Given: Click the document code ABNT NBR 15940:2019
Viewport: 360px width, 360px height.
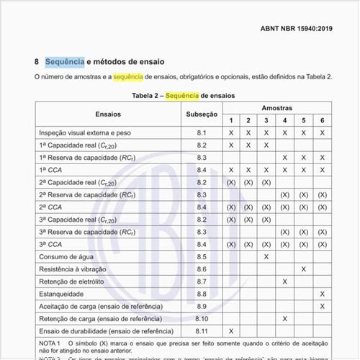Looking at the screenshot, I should click(295, 30).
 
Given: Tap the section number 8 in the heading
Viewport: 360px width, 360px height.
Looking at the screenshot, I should click(37, 62).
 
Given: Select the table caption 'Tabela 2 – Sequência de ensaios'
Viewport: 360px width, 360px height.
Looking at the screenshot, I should click(184, 95).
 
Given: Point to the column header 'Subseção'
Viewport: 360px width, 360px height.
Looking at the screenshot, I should click(201, 114).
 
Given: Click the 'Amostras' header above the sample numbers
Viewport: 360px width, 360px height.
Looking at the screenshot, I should click(276, 107).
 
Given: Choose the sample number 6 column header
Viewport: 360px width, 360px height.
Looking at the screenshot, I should click(322, 120).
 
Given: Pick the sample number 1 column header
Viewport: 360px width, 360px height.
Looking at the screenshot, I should click(230, 120).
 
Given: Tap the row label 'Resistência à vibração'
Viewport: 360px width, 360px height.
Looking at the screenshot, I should click(73, 269).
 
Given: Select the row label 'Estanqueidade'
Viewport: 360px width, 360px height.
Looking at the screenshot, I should click(61, 294).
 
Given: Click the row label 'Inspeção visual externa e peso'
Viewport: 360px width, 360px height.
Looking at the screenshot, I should click(86, 133).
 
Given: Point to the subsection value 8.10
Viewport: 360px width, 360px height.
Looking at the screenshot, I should click(201, 318).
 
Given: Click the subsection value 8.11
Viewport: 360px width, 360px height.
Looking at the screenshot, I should click(201, 330).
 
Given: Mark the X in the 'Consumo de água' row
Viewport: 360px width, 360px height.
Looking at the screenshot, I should click(266, 256).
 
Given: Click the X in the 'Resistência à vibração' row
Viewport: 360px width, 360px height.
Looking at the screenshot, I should click(303, 269).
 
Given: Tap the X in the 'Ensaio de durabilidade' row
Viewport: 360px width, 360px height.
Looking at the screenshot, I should click(230, 330).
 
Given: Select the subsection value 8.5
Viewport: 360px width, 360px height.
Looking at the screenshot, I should click(201, 256).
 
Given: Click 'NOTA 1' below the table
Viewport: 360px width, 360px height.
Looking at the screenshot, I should click(50, 344).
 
